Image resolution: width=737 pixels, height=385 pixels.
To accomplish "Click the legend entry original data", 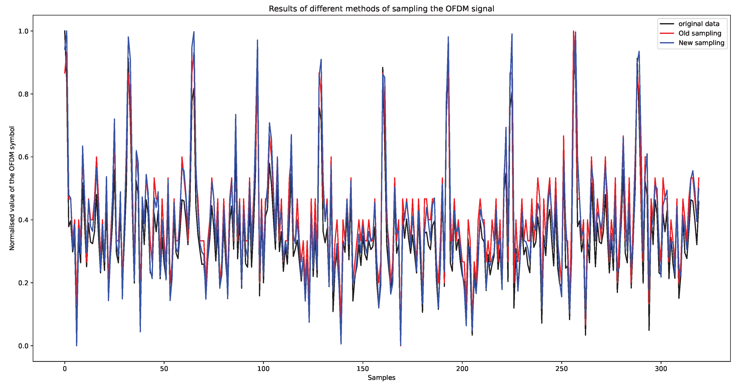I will (699, 24).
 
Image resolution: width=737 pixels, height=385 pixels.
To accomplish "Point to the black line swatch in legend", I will (667, 24).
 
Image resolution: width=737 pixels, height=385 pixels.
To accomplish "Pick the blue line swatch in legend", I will (667, 43).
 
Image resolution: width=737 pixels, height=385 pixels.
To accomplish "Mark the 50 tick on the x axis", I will (164, 368).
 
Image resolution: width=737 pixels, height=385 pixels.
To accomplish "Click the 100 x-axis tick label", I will (263, 368).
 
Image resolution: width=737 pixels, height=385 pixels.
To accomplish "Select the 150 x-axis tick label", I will (363, 368).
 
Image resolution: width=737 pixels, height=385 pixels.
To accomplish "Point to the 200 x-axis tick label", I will (462, 368).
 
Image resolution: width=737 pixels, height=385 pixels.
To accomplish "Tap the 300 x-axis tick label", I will (661, 368).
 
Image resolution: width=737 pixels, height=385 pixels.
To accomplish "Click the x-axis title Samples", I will (381, 378).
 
